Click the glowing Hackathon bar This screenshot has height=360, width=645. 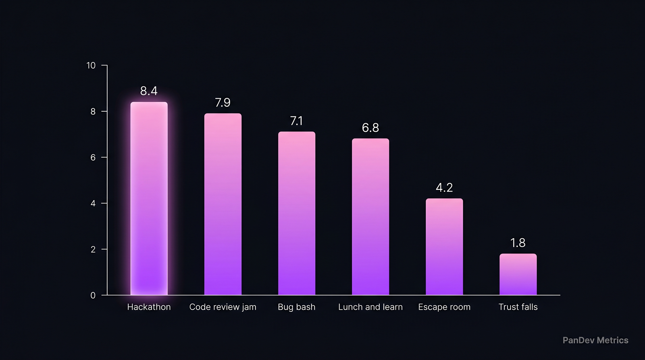[x=149, y=198]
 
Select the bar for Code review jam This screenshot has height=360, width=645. [x=223, y=204]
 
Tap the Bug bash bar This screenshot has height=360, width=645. [x=297, y=213]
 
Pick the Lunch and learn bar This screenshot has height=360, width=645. [x=370, y=216]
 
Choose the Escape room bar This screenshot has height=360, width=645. [x=444, y=247]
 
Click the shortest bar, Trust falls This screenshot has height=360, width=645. [x=518, y=274]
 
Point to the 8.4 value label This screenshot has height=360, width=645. [x=149, y=91]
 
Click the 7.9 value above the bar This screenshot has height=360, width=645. [x=223, y=102]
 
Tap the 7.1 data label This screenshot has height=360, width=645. [x=296, y=121]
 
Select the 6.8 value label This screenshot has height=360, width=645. [x=370, y=128]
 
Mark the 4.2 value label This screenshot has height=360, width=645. [x=444, y=187]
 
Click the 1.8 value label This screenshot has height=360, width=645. [x=518, y=243]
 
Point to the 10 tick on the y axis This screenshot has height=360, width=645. [x=91, y=65]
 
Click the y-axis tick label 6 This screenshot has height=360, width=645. [x=93, y=157]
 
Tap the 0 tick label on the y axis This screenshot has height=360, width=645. [x=93, y=295]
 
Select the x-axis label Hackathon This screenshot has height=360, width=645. [x=149, y=307]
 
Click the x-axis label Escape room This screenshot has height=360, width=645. [x=444, y=307]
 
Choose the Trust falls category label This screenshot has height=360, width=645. [x=518, y=307]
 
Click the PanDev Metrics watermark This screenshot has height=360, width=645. [x=595, y=340]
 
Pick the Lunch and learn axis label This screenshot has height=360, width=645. [x=370, y=307]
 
